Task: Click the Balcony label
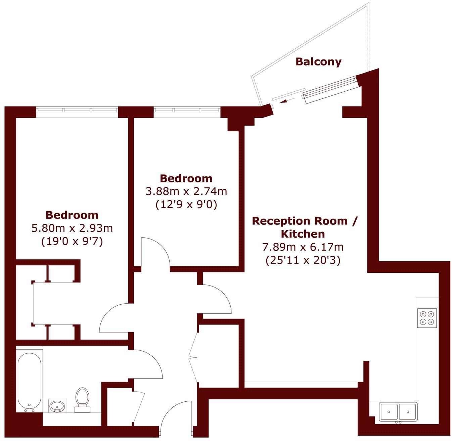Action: point(318,62)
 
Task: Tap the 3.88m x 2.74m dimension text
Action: point(186,191)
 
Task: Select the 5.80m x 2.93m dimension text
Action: point(72,228)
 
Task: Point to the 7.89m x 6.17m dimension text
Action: point(303,248)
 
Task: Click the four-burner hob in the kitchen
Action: point(427,318)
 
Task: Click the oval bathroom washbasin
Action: point(57,406)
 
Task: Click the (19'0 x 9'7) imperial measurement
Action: point(72,241)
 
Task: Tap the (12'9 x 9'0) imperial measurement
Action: point(186,204)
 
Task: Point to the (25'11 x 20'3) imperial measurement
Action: point(303,260)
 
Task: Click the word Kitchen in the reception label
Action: point(303,234)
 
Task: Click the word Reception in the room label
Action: point(281,221)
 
